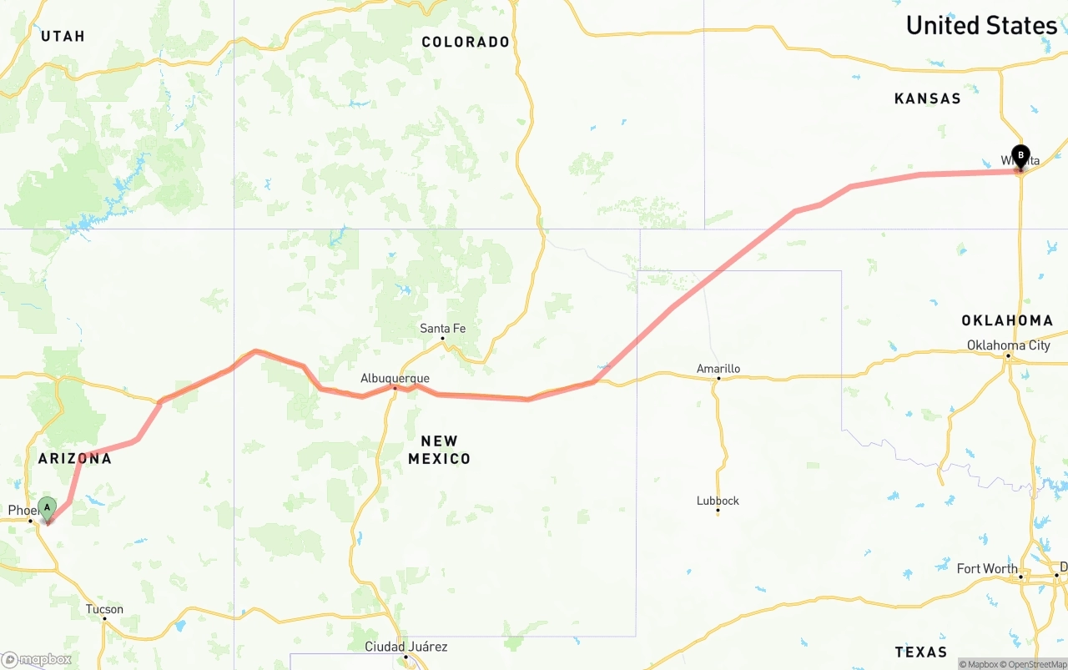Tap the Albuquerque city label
pos(395,378)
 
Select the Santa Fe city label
pos(442,329)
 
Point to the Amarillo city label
pos(718,369)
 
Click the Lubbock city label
pos(718,501)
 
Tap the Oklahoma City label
pos(1008,345)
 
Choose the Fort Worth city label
pos(987,569)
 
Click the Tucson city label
pos(104,609)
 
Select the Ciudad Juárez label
pos(406,647)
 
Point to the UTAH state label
pos(63,36)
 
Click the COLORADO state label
pos(466,42)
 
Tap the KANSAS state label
pos(927,98)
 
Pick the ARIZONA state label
pos(74,459)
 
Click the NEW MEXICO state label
pos(439,450)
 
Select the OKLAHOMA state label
pos(1007,320)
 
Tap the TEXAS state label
pos(920,652)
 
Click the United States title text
pos(981,26)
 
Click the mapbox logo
pos(37,659)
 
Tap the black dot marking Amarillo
pos(718,379)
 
